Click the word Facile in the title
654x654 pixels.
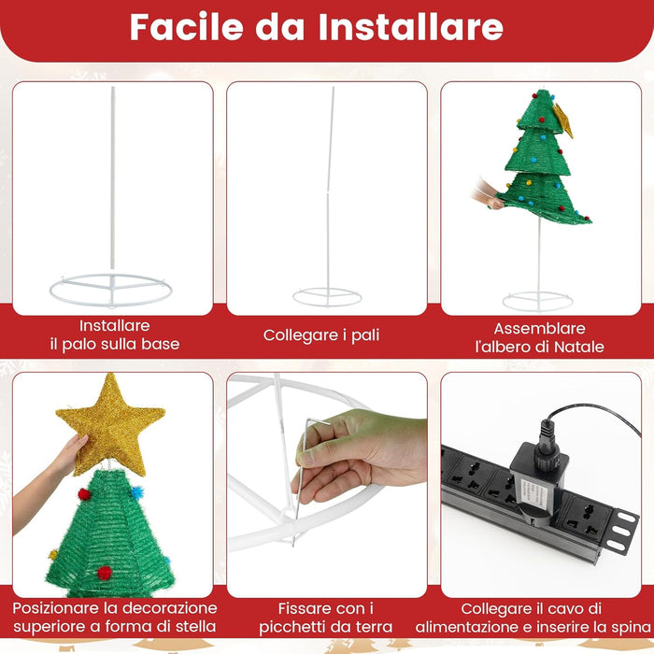pos(183,26)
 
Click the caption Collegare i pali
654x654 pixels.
pos(321,334)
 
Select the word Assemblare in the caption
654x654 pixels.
pos(540,328)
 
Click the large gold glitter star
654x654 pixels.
pos(110,422)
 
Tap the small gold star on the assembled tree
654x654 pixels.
pos(562,119)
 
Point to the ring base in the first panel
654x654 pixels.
pos(110,289)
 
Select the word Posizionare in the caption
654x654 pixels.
pos(61,608)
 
